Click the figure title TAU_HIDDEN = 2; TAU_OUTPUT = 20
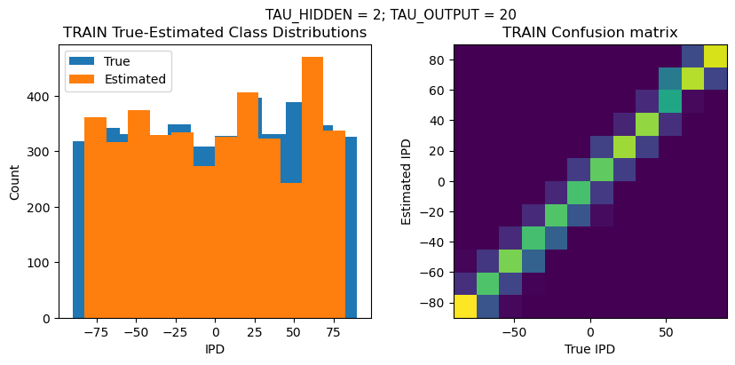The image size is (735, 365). coord(391,14)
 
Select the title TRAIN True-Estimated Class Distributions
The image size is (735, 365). coord(215,33)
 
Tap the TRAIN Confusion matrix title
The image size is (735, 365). coord(590,33)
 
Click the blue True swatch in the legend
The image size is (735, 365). coord(83,61)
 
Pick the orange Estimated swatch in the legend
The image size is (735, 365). coord(83,79)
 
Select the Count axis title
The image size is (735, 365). coord(14,181)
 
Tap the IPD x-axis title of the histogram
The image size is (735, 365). coord(215,349)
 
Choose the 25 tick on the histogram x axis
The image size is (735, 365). coord(254,331)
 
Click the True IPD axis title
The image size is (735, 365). coord(590,349)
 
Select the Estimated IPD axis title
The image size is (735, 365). coord(406,181)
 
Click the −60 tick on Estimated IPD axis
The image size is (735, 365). coord(433,273)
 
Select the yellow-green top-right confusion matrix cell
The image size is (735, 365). coord(715,55)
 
